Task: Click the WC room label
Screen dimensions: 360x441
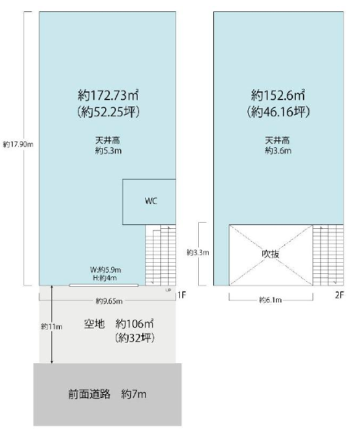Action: tap(151, 201)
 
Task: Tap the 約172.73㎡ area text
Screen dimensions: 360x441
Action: tap(108, 95)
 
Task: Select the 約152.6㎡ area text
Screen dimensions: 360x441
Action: tap(278, 95)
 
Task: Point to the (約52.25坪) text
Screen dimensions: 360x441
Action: tap(108, 112)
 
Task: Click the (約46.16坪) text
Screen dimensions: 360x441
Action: tap(279, 112)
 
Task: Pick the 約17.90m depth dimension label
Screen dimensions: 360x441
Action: tap(18, 145)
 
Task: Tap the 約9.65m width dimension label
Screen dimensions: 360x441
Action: tap(109, 301)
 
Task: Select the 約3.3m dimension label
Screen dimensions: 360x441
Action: tap(198, 253)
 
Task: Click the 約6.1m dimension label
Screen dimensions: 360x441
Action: tap(270, 300)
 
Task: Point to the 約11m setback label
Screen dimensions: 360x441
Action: tap(52, 326)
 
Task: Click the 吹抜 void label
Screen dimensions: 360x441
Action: tap(271, 254)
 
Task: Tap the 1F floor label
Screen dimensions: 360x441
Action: tap(182, 295)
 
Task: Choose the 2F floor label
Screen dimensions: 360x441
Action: tap(340, 295)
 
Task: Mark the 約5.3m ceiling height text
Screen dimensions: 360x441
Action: tap(108, 151)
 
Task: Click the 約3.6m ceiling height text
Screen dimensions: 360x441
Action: tap(278, 151)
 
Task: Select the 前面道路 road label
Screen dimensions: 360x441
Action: tap(89, 394)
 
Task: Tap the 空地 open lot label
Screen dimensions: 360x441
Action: tap(94, 324)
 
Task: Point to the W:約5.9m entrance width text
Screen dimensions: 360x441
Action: tap(105, 270)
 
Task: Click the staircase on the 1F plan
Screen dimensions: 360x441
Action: tap(161, 255)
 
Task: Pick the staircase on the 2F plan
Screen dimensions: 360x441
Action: tap(328, 255)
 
